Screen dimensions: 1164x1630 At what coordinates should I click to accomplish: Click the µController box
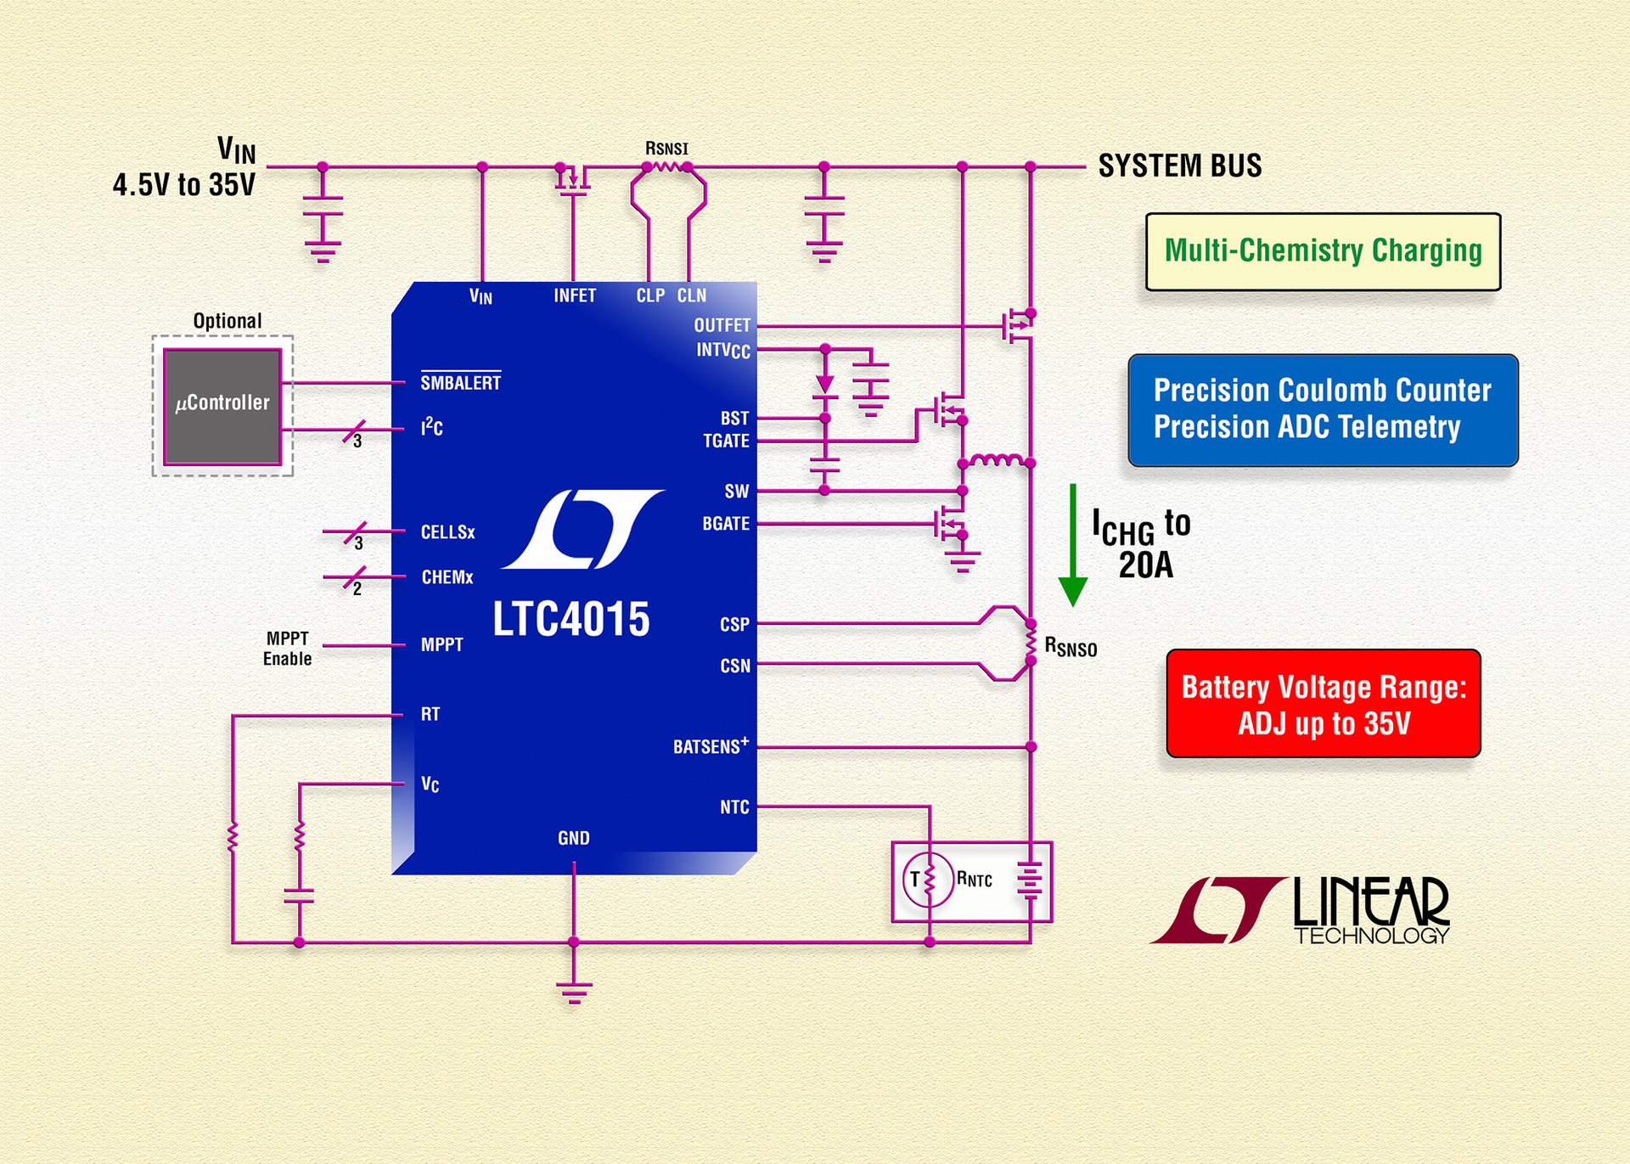[222, 406]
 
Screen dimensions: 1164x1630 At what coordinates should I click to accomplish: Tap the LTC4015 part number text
[571, 619]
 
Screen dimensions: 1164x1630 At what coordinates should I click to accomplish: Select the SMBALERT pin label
[461, 383]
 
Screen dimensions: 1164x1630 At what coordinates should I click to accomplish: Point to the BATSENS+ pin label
[711, 746]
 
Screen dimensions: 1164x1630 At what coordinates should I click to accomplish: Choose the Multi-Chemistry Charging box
[1323, 251]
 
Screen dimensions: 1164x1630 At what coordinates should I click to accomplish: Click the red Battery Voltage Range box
[1323, 704]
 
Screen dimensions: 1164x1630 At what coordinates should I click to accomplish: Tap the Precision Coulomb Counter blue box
[1323, 410]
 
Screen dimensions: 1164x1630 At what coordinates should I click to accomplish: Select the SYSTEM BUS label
[1179, 166]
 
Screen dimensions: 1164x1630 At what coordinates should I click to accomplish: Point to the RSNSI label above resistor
[666, 149]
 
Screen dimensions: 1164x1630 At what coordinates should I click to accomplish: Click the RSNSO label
[1071, 647]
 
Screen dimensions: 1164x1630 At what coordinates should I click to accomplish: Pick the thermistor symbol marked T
[927, 880]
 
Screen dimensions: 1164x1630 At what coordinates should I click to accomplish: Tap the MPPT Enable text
[287, 649]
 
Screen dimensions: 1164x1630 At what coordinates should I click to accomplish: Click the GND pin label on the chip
[574, 838]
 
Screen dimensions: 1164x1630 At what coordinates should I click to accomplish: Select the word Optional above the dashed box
[228, 321]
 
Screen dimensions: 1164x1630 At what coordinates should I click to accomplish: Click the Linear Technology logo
[1301, 910]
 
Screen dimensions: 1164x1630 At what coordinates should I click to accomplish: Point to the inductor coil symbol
[997, 460]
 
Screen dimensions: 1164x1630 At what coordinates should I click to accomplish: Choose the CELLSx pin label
[448, 532]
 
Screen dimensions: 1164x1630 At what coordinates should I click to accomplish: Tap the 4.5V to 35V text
[184, 185]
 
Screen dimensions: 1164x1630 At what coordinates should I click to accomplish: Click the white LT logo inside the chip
[582, 529]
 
